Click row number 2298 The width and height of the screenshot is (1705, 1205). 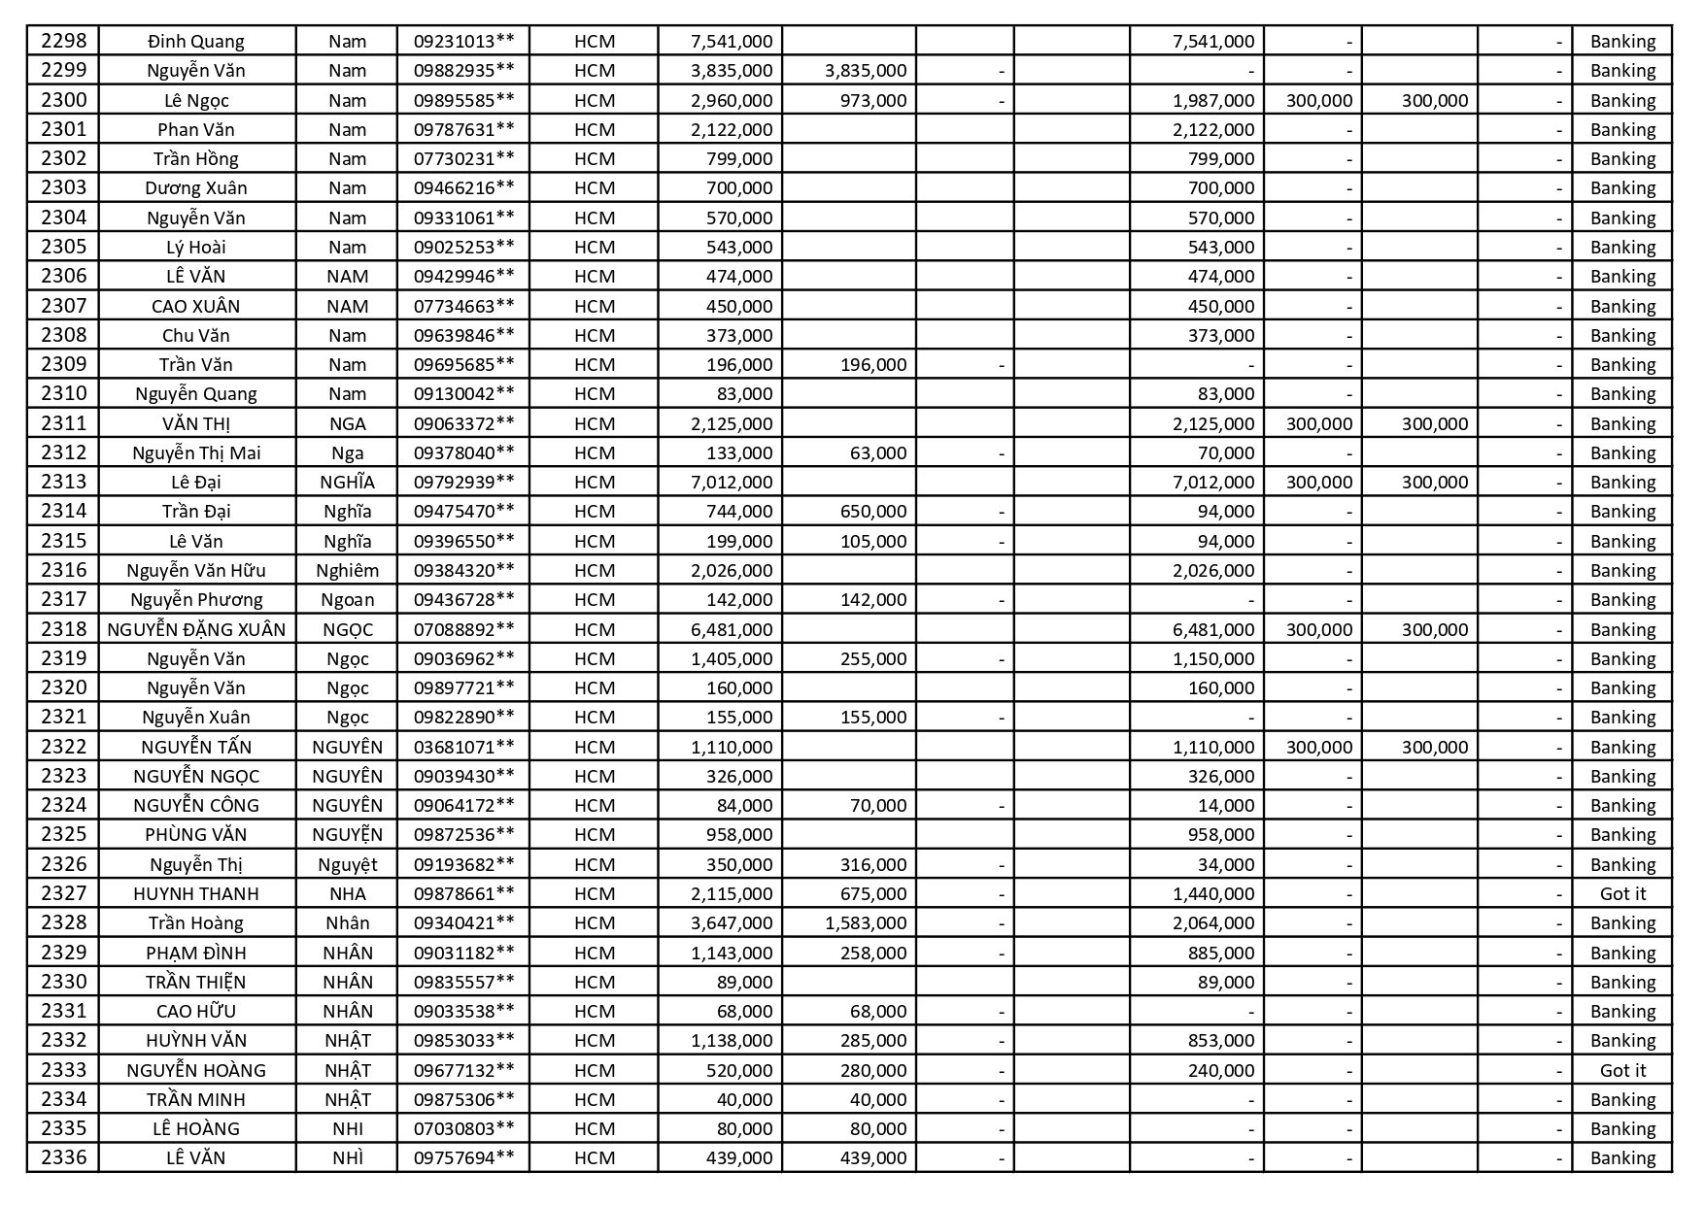(x=63, y=41)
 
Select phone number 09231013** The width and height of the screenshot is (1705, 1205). (x=463, y=41)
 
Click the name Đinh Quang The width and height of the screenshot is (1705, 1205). (x=196, y=41)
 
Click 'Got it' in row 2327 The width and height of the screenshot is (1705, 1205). (x=1622, y=893)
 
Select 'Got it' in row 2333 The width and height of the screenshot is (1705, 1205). (x=1622, y=1070)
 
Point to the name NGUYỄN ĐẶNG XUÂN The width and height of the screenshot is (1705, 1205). (x=196, y=629)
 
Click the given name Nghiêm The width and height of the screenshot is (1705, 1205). (x=347, y=570)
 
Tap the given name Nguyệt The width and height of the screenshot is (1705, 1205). (x=347, y=864)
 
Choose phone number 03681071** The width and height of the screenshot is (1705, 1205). (x=463, y=747)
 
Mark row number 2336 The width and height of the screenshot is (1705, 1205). (x=63, y=1157)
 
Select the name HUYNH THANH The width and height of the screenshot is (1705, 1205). (x=196, y=893)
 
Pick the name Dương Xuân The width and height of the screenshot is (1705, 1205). (x=196, y=187)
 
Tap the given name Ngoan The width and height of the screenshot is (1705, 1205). (x=347, y=599)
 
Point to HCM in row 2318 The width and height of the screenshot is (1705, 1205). (x=594, y=629)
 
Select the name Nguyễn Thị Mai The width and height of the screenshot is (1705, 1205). (x=196, y=452)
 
